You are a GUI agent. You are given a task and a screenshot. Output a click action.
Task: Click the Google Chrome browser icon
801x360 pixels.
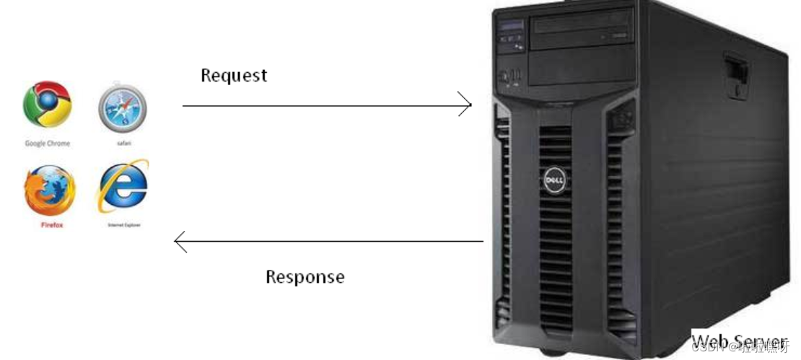[48, 104]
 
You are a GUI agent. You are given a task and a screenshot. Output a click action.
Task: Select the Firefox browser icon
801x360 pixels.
[49, 190]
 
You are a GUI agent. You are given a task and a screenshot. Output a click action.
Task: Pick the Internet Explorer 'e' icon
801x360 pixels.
[123, 186]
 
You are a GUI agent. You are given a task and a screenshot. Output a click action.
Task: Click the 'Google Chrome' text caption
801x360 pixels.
[48, 144]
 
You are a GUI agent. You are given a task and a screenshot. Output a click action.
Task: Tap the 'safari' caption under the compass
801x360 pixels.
[123, 144]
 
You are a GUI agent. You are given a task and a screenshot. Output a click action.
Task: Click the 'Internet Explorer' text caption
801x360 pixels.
[123, 225]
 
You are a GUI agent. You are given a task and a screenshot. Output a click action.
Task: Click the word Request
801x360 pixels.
[234, 75]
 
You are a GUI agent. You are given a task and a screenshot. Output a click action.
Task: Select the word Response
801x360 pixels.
[305, 276]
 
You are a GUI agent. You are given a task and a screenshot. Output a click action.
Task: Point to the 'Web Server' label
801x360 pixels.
[739, 340]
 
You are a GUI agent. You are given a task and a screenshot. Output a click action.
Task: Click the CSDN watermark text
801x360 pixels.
[736, 346]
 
